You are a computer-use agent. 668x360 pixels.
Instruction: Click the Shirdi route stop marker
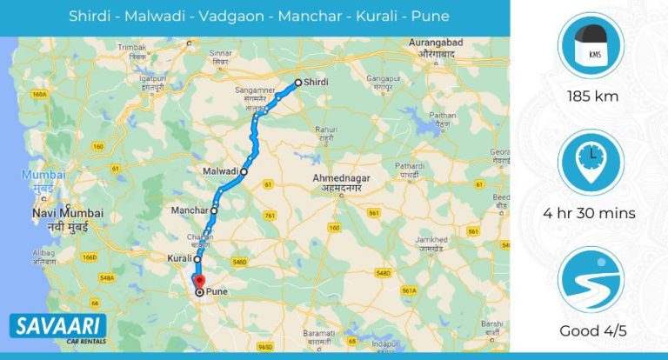tap(297, 83)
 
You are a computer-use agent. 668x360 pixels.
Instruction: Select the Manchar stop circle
tap(214, 210)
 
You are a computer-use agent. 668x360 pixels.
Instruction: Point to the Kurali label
tap(179, 258)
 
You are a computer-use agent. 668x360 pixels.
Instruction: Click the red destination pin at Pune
tap(198, 282)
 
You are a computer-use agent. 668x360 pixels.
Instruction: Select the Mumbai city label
tap(38, 174)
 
